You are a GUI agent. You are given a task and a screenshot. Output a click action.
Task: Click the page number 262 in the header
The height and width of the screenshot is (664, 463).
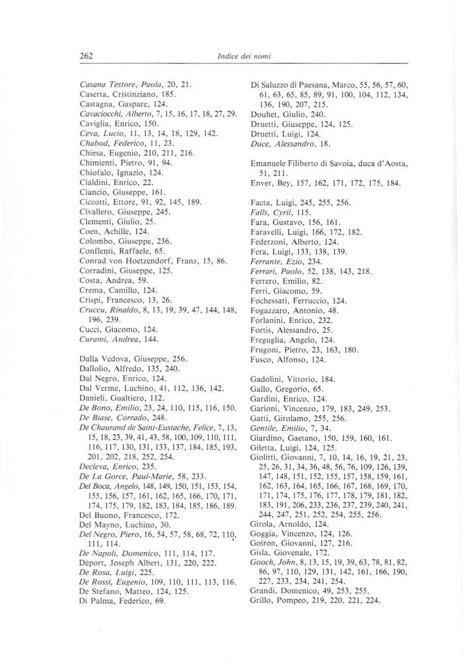click(x=86, y=56)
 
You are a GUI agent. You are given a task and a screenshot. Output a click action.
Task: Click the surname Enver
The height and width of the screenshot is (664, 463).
click(x=261, y=183)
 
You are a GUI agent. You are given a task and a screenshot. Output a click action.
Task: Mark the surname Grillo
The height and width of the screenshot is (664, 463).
click(x=262, y=601)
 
